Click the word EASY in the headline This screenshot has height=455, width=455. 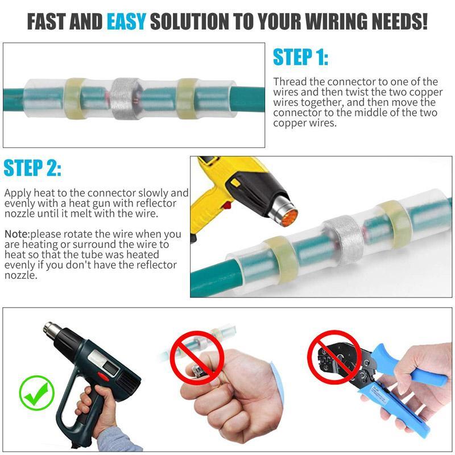[x=126, y=22]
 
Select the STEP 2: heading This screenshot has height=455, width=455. [x=32, y=168]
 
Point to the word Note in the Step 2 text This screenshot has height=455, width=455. [x=16, y=234]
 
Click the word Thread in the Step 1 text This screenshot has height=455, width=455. [x=289, y=82]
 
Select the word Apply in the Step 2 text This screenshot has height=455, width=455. [x=17, y=193]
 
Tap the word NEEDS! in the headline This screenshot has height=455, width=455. [x=397, y=22]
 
